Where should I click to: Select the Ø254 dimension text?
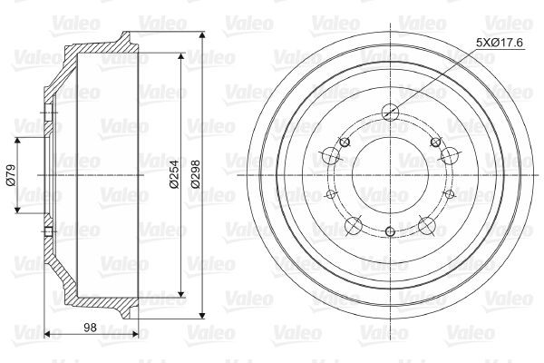(174, 174)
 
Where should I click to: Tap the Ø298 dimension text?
(195, 174)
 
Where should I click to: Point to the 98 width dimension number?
(90, 327)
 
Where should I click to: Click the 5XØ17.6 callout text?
(500, 43)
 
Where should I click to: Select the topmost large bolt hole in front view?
(390, 112)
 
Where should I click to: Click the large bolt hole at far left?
(331, 155)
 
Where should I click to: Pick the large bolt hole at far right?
(450, 155)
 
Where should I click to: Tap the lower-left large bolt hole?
(354, 226)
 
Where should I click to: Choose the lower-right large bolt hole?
(427, 226)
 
